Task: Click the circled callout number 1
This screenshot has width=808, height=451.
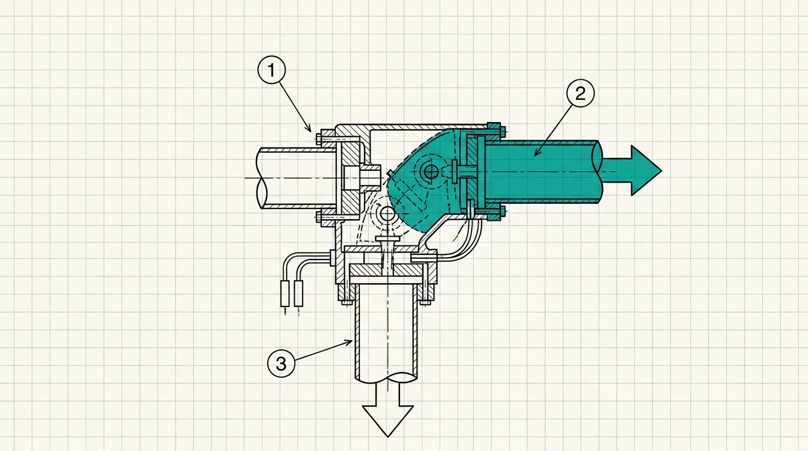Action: click(272, 70)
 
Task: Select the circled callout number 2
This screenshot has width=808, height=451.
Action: click(580, 93)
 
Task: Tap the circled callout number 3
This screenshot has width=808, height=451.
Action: click(281, 364)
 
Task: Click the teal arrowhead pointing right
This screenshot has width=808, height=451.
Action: click(646, 171)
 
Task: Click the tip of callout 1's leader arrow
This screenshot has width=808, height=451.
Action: click(311, 132)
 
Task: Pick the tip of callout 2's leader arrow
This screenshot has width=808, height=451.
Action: click(534, 156)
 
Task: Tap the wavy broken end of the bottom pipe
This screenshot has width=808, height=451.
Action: click(386, 378)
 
